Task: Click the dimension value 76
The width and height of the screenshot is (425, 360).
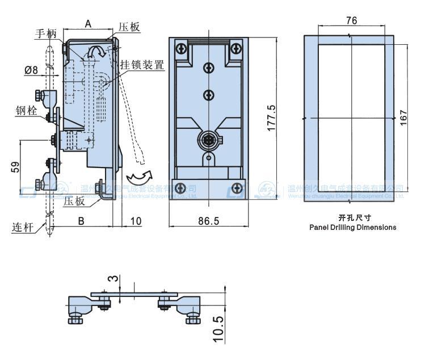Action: (x=351, y=21)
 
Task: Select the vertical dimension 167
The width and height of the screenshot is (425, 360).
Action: (x=403, y=118)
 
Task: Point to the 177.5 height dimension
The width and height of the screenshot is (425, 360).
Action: (x=271, y=118)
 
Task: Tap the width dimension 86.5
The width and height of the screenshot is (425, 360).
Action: (x=208, y=221)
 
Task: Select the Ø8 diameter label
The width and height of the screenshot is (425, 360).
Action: (x=31, y=70)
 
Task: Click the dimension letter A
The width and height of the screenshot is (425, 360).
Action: (x=88, y=23)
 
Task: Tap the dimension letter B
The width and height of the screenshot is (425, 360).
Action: (x=81, y=221)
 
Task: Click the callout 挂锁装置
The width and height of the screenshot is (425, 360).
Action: (x=142, y=65)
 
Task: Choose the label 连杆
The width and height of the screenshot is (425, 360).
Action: (x=23, y=228)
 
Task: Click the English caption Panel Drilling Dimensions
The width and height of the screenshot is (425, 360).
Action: (x=352, y=227)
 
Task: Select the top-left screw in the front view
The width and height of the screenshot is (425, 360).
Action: (x=181, y=49)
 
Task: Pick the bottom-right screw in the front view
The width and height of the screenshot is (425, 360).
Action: (x=237, y=189)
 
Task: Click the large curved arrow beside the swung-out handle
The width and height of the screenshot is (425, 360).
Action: (x=140, y=173)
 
